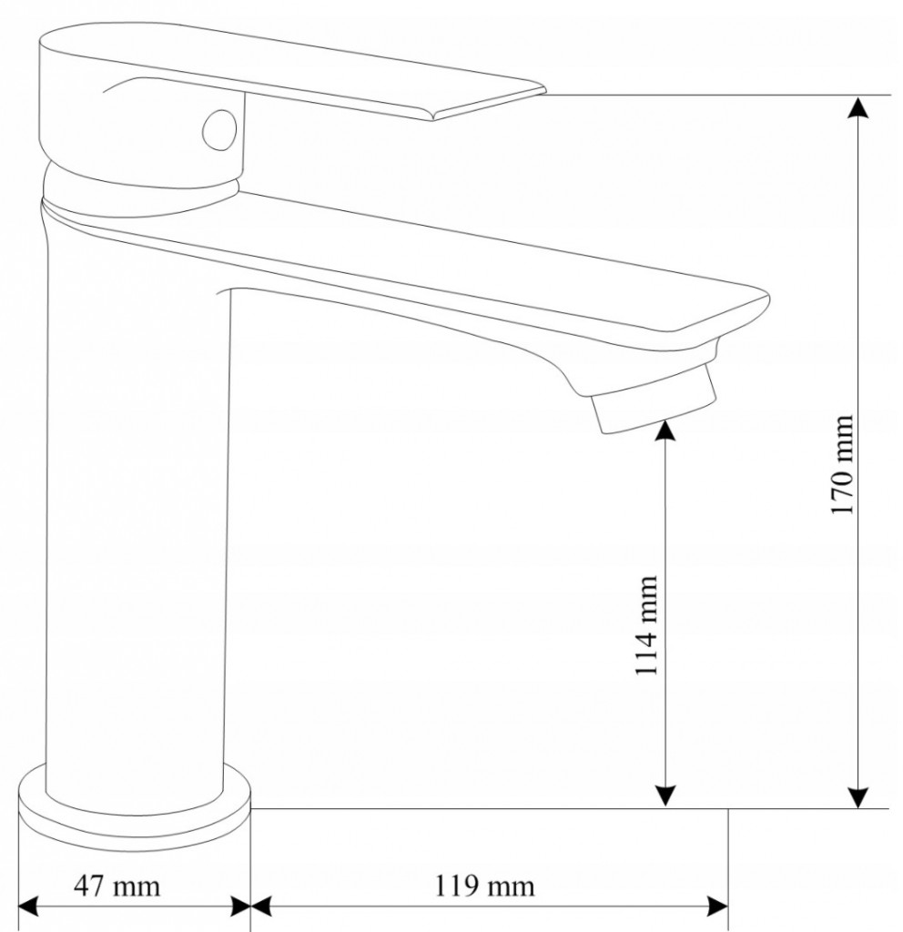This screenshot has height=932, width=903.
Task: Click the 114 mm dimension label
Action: click(x=647, y=624)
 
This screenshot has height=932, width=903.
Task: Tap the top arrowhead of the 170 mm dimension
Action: click(x=857, y=106)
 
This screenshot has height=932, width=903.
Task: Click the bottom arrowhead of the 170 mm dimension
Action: click(x=857, y=796)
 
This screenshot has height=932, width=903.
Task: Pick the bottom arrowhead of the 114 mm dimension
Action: click(x=666, y=795)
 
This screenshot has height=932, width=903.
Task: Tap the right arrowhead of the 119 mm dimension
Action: click(x=717, y=907)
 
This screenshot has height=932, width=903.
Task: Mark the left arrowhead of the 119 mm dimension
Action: click(x=262, y=907)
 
